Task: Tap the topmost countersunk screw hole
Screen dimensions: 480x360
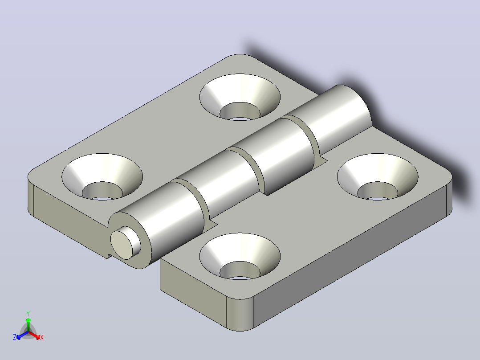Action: [x=240, y=97]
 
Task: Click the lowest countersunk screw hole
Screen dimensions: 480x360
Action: [x=240, y=256]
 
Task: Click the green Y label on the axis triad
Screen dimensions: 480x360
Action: [x=28, y=313]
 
